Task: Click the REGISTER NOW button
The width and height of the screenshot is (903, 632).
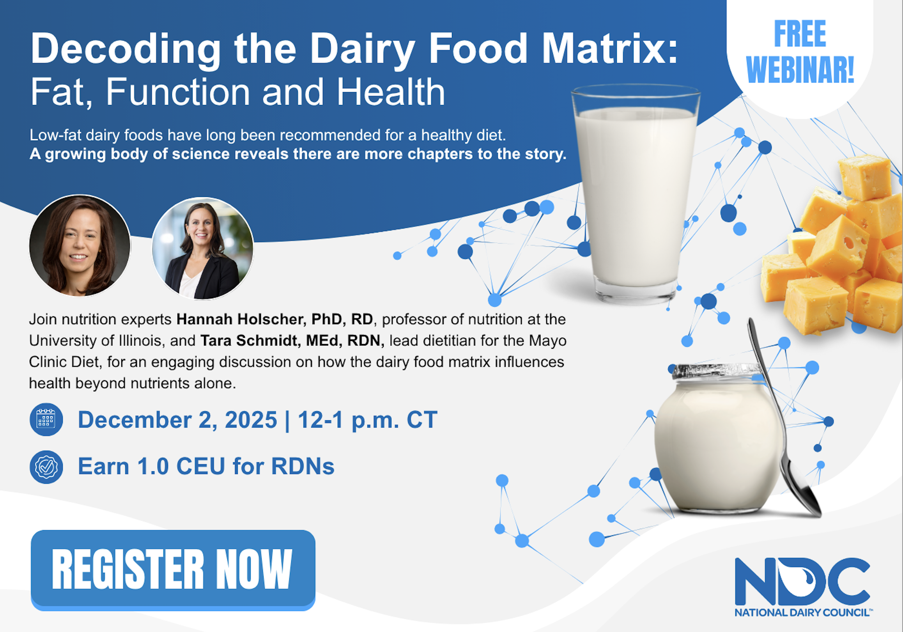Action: pyautogui.click(x=173, y=570)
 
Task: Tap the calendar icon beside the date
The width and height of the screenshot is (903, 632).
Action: pyautogui.click(x=46, y=419)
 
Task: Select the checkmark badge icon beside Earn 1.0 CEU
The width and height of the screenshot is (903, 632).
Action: pyautogui.click(x=46, y=467)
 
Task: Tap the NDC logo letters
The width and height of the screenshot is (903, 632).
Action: pyautogui.click(x=802, y=581)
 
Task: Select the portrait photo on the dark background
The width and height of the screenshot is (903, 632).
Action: pyautogui.click(x=80, y=245)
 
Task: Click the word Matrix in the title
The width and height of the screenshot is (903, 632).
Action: pyautogui.click(x=610, y=48)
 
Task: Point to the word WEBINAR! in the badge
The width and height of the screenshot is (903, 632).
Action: pyautogui.click(x=800, y=70)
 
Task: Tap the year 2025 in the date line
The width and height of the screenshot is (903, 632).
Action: pyautogui.click(x=251, y=420)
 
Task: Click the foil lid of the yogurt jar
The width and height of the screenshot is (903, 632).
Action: pyautogui.click(x=711, y=371)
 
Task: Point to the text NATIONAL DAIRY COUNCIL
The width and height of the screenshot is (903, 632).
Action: pyautogui.click(x=802, y=613)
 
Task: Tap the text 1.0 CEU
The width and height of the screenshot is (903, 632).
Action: pyautogui.click(x=181, y=467)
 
